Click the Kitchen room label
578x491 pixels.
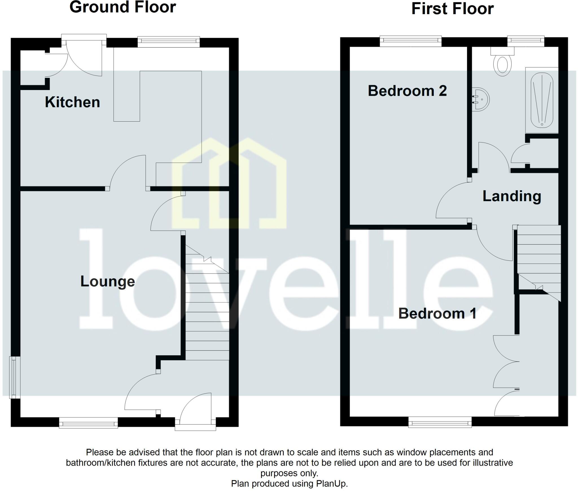[x=73, y=102]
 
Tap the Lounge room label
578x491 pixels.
[x=108, y=281]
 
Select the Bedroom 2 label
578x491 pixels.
[x=407, y=91]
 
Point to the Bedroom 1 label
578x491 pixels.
[x=437, y=314]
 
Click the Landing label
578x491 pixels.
[x=512, y=196]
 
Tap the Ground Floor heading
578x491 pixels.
[x=122, y=7]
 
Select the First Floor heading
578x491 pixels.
[x=452, y=9]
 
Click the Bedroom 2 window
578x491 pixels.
[x=410, y=41]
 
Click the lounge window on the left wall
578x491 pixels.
[x=14, y=377]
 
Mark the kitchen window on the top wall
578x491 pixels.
[x=168, y=41]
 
